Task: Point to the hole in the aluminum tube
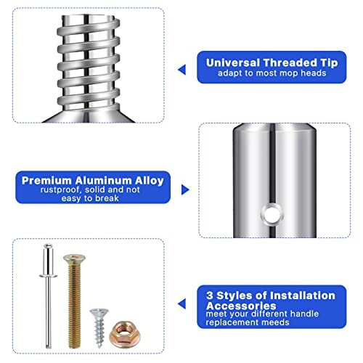(x=274, y=213)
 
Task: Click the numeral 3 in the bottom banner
(x=210, y=295)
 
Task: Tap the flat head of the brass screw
(x=72, y=258)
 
